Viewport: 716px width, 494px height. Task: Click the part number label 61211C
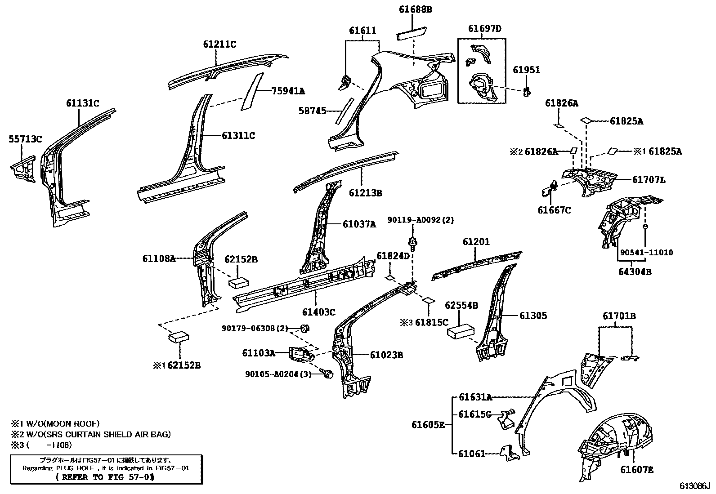click(219, 44)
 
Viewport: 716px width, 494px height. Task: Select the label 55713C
click(25, 139)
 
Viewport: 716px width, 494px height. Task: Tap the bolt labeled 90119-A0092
click(412, 243)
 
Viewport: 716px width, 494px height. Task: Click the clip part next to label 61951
click(527, 92)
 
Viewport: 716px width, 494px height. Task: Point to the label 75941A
click(288, 91)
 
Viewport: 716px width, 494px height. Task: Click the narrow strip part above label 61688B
click(412, 33)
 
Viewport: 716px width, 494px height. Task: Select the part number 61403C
click(318, 312)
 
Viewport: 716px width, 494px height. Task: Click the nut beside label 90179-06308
click(304, 328)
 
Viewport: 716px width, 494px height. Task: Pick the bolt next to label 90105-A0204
click(328, 374)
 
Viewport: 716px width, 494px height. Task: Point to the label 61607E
click(637, 470)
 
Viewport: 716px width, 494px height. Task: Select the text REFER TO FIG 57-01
click(106, 477)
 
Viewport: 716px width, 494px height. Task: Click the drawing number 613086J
click(694, 486)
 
